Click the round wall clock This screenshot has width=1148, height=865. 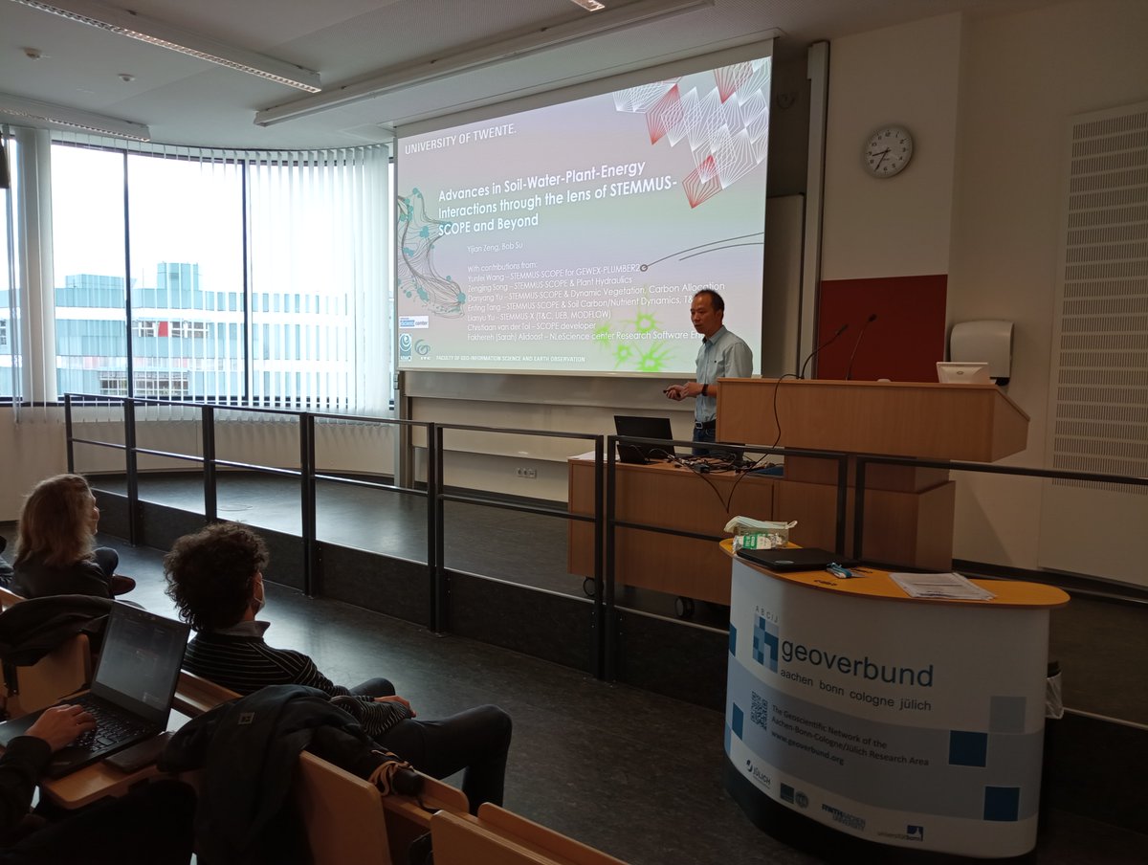tap(888, 151)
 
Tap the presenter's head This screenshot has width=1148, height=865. tap(709, 309)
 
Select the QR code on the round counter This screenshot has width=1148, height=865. tap(759, 710)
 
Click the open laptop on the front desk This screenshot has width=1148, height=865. tap(643, 437)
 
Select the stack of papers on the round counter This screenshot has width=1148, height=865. tap(940, 586)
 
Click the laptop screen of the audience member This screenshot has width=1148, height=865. tap(141, 660)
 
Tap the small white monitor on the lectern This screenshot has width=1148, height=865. tap(961, 372)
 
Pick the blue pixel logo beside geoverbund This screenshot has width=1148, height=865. tap(764, 642)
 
